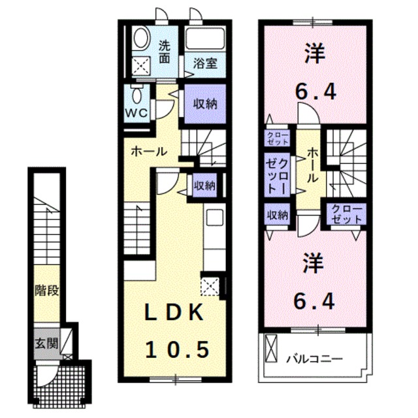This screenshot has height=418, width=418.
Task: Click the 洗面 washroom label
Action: (x=165, y=52)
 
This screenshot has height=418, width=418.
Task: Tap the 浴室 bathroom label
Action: (x=204, y=63)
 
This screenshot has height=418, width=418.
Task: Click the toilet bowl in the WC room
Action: (x=136, y=95)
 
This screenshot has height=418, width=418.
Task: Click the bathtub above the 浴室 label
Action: (x=204, y=38)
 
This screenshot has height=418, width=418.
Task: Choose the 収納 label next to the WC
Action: (x=204, y=104)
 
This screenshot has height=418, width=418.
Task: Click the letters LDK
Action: (x=174, y=313)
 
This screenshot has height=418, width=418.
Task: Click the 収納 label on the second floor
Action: (x=277, y=214)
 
